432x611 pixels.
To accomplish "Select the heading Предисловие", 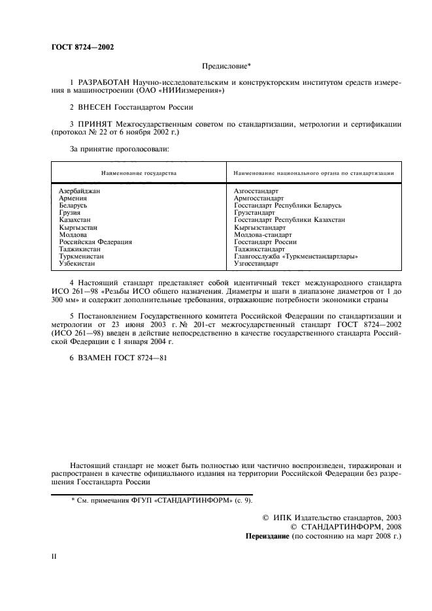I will (223, 66).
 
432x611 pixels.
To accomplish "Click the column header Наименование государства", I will (139, 174).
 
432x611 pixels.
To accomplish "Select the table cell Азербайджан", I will (79, 190).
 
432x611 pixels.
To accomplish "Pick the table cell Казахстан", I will (74, 220).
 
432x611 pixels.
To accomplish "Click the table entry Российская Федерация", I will (95, 242).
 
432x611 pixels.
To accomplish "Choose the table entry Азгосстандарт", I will (256, 190).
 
